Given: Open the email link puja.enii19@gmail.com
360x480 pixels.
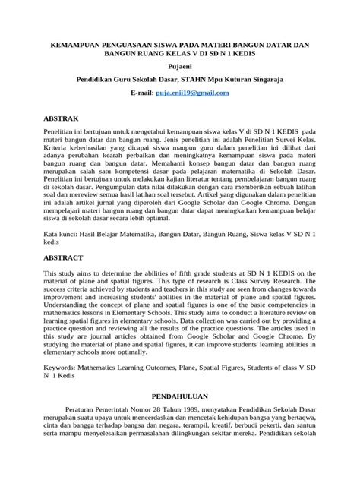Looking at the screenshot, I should (x=192, y=92).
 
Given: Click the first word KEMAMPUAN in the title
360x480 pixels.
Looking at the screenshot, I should (x=79, y=46).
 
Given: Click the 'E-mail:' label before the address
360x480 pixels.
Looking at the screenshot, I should (x=142, y=92).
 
